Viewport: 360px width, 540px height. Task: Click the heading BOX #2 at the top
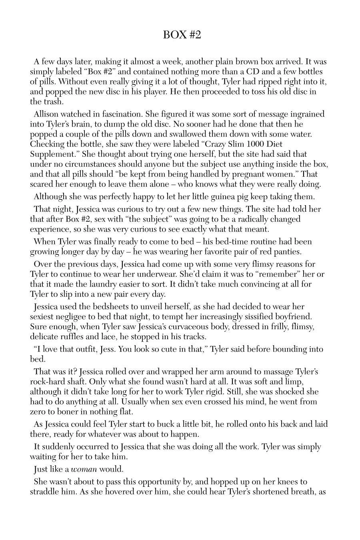pyautogui.click(x=182, y=35)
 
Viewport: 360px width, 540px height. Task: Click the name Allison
pyautogui.click(x=48, y=114)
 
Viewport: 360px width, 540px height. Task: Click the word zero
pyautogui.click(x=38, y=412)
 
